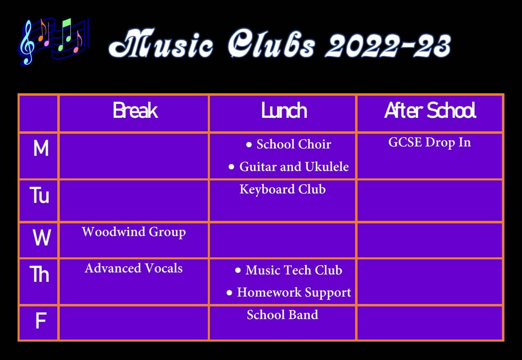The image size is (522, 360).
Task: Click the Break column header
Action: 135,111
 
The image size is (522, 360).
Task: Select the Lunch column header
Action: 284,111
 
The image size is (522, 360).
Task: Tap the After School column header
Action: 430,111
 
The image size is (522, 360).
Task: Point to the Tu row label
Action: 40,196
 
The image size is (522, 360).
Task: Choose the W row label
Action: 42,238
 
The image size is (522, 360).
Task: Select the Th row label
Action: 40,274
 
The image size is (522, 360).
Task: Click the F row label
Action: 40,322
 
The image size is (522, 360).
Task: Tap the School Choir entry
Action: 293,144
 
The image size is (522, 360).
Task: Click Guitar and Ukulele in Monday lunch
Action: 294,166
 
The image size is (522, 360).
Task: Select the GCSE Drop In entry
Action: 430,142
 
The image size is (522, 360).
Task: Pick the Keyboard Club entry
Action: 282,189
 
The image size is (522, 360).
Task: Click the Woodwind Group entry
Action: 134,232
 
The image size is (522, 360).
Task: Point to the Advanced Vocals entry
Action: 134,268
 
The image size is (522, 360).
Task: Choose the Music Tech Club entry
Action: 293,270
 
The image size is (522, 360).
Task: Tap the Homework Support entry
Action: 294,292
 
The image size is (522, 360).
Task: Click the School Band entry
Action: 282,315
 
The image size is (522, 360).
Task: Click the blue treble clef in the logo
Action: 27,43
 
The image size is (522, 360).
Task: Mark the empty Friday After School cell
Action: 430,323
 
